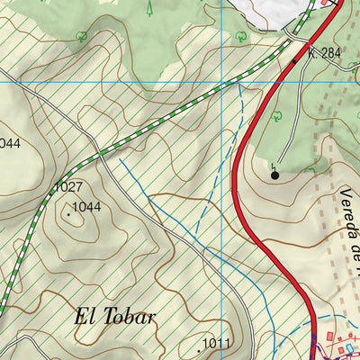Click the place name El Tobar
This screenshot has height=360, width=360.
114,317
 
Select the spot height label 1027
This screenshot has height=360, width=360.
68,187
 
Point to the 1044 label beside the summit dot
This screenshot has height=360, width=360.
87,207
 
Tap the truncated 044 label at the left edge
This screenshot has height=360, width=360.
9,142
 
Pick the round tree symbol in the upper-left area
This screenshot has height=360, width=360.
82,37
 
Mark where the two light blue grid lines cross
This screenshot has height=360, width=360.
223,82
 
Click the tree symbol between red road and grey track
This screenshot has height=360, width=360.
278,115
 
